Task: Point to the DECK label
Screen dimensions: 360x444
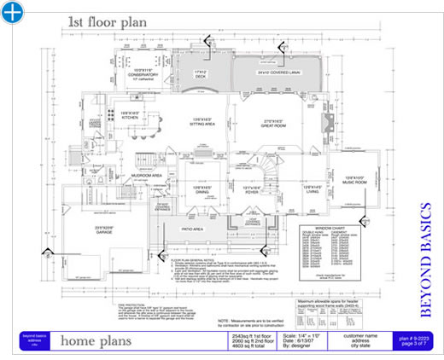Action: (x=202, y=76)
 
